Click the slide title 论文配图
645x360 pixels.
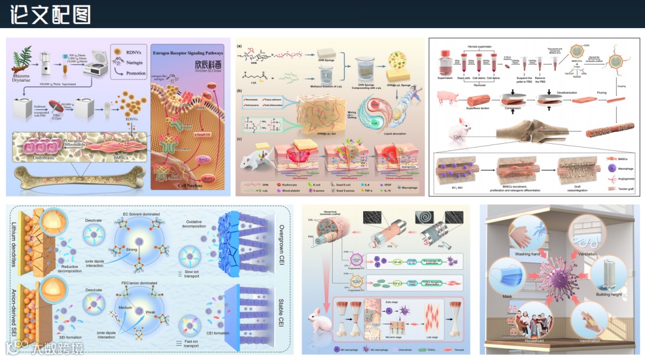pos(51,14)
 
